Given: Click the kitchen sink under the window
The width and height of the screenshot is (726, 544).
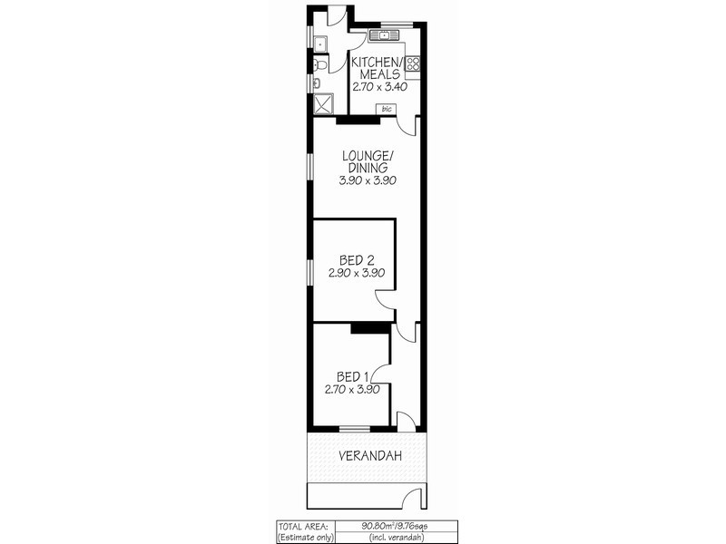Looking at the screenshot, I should coord(383,36).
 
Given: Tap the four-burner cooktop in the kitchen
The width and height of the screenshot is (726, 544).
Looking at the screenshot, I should coord(413,63).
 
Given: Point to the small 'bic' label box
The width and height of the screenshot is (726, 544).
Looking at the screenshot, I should coord(387,110).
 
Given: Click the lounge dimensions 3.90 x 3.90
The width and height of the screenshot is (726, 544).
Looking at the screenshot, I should coord(367,180).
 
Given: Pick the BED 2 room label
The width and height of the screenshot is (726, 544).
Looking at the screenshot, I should coord(355,258).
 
